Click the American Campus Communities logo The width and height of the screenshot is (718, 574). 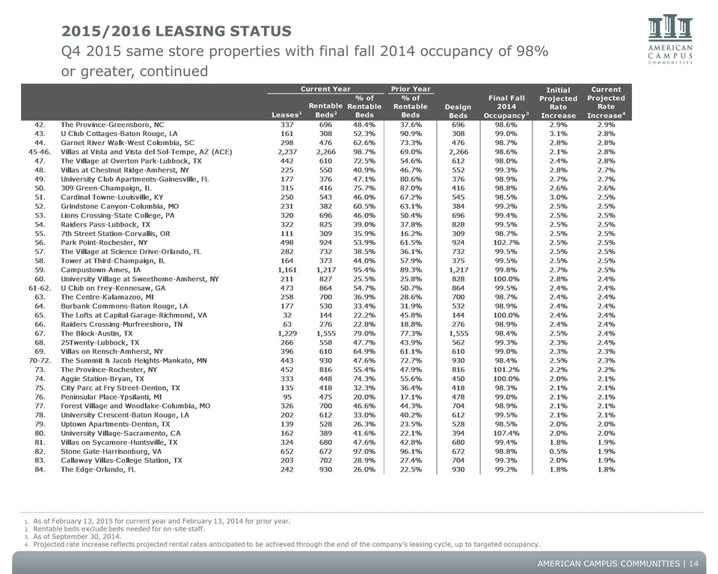pos(670,40)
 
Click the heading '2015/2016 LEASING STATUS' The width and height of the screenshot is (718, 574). pos(177,31)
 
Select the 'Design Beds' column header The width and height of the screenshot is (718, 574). pos(458,111)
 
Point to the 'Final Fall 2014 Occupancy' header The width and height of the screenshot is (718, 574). pos(506,107)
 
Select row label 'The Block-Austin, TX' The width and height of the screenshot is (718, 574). pos(96,333)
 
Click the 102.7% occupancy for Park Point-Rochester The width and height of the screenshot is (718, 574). pos(506,243)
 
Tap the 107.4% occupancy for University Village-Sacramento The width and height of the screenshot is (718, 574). pos(506,433)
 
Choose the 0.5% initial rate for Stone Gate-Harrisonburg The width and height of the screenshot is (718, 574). pos(558,451)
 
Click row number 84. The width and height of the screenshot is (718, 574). pos(40,469)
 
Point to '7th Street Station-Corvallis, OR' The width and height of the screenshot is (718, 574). pos(115,234)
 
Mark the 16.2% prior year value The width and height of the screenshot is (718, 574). pos(411,234)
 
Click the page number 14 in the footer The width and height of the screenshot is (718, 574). pos(694,564)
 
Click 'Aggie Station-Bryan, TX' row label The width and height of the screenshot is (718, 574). pos(102,379)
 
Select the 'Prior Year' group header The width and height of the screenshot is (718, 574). pos(411,89)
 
